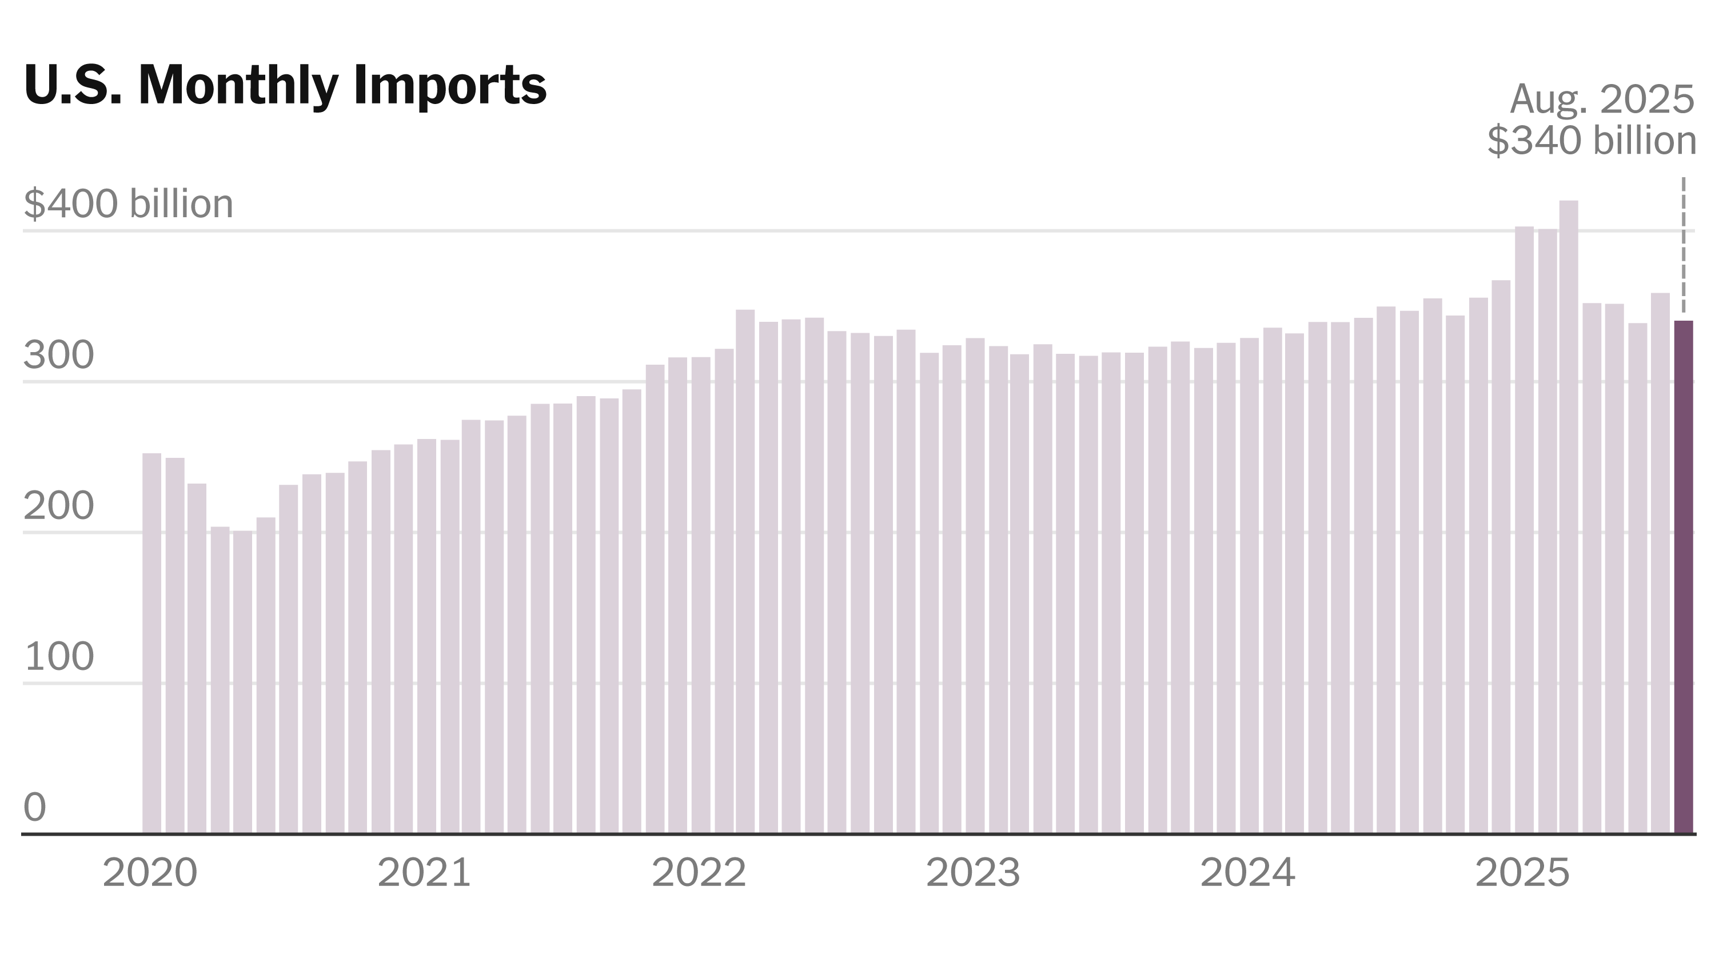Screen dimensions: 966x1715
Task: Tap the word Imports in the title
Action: (450, 85)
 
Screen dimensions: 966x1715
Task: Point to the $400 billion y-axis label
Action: (129, 203)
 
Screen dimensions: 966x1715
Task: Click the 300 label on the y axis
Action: (58, 356)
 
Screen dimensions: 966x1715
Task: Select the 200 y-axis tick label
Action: (58, 506)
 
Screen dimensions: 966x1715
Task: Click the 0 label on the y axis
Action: (35, 808)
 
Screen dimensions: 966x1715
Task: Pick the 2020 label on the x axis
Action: (150, 872)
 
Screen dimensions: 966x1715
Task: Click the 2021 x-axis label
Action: (424, 872)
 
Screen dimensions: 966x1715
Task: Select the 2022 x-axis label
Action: (699, 872)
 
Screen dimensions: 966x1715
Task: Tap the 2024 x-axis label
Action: (1247, 872)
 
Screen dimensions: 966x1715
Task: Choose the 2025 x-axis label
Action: (1522, 872)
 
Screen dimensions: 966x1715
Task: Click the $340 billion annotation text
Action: (1591, 141)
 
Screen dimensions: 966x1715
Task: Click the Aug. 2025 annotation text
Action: (1601, 100)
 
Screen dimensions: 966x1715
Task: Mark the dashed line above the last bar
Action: (1684, 246)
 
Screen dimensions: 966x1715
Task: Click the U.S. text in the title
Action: (73, 85)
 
